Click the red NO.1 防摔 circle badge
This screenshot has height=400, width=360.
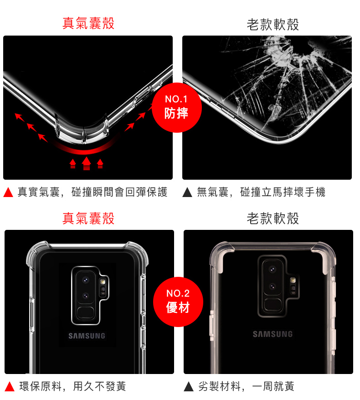click(177, 107)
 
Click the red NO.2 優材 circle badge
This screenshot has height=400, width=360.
click(178, 301)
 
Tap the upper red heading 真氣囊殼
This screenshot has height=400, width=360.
click(88, 23)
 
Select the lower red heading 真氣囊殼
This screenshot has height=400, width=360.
click(88, 218)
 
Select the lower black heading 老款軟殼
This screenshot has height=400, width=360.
click(273, 219)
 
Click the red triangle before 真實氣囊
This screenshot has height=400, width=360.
click(8, 193)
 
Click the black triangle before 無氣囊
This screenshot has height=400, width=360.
click(187, 193)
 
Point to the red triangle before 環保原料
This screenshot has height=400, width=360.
click(9, 387)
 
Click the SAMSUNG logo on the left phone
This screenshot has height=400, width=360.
click(87, 336)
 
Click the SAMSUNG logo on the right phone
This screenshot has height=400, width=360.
click(273, 334)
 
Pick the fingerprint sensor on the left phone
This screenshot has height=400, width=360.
click(85, 313)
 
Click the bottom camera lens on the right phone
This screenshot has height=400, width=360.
click(273, 287)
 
